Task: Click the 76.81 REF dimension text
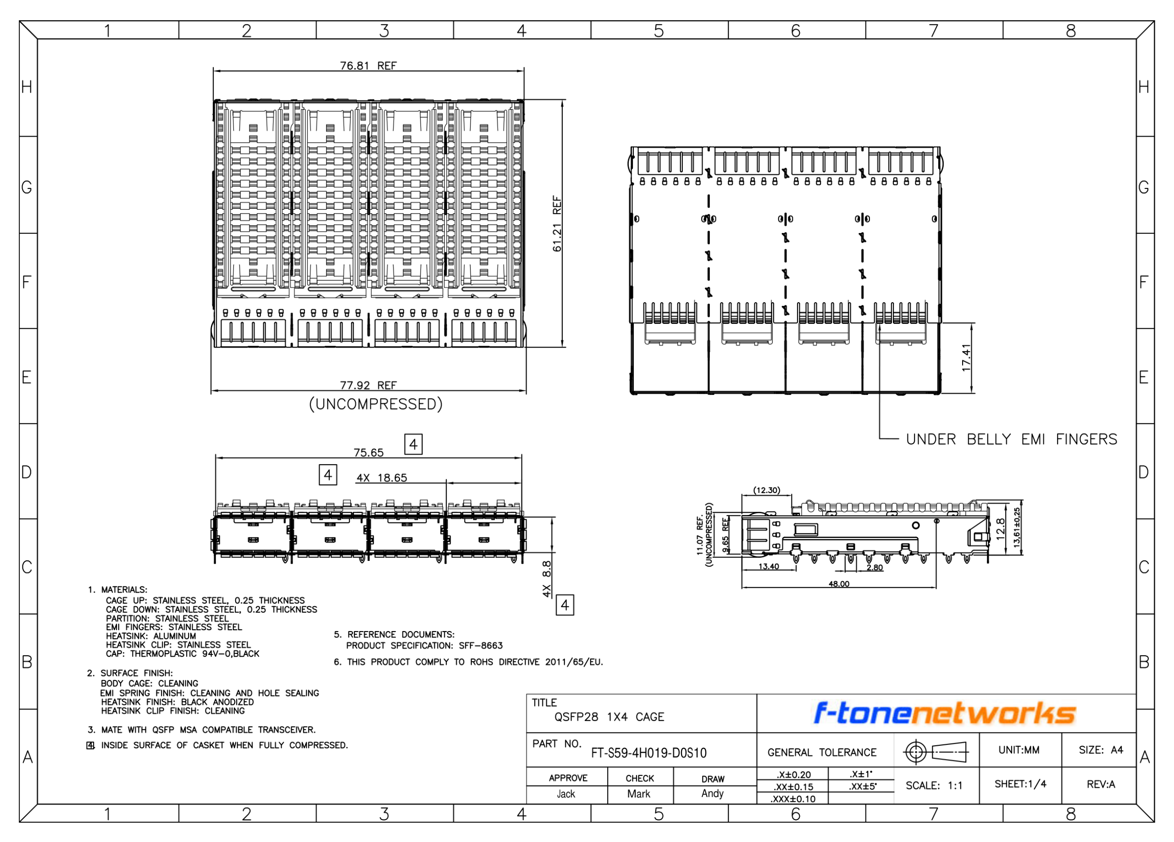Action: [368, 66]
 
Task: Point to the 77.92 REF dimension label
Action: [368, 386]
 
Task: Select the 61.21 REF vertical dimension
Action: [557, 223]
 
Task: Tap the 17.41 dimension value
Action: [966, 358]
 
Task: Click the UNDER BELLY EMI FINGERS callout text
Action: [1012, 439]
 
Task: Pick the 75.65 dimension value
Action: [369, 453]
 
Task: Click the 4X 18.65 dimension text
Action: [382, 478]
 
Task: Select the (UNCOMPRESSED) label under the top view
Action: [376, 404]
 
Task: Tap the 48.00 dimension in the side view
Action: [839, 584]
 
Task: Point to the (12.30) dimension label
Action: [767, 490]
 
